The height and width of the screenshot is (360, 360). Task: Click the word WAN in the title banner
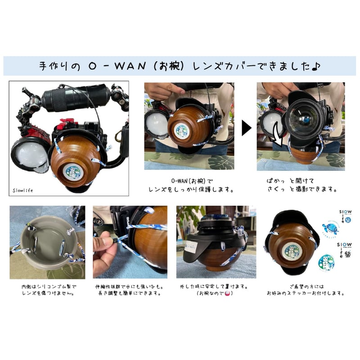coord(130,66)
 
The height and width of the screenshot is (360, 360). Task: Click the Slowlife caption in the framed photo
coord(23,190)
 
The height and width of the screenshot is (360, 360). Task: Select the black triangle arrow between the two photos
coord(246,128)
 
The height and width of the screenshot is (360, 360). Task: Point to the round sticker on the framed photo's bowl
coord(73,174)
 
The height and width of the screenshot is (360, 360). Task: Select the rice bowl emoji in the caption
coord(227,293)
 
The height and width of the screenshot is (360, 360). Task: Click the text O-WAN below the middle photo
coord(179,181)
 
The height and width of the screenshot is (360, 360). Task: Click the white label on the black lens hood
coord(190,247)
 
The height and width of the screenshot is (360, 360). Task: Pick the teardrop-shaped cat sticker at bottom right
coord(326,261)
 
